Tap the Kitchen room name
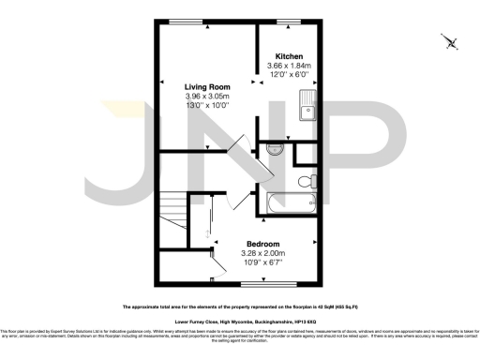pyautogui.click(x=288, y=57)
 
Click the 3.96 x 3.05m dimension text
pyautogui.click(x=206, y=97)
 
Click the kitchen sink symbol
pyautogui.click(x=306, y=113)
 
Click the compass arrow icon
pyautogui.click(x=451, y=41)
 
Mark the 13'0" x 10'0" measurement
pyautogui.click(x=206, y=107)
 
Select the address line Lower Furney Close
pyautogui.click(x=240, y=321)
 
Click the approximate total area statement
pyautogui.click(x=240, y=307)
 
